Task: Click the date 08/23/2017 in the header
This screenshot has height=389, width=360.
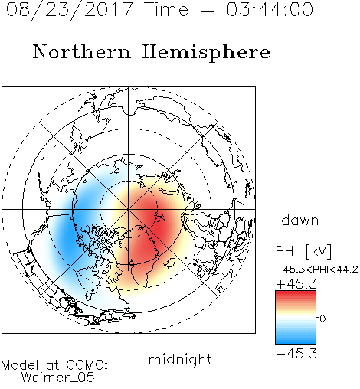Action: tap(70, 9)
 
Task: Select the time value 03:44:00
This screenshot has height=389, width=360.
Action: tap(270, 9)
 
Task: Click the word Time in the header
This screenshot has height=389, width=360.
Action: tap(166, 9)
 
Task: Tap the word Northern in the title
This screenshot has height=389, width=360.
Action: tap(82, 51)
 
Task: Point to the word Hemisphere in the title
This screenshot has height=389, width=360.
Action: tap(206, 53)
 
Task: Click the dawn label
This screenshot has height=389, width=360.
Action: tap(300, 221)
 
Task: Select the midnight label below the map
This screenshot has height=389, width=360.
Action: tap(180, 360)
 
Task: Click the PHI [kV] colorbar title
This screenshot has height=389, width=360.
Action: tap(303, 251)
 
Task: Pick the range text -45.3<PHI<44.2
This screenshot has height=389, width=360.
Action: tap(317, 270)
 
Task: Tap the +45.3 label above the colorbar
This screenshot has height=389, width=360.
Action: tap(296, 284)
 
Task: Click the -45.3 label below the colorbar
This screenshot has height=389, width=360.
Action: tap(296, 354)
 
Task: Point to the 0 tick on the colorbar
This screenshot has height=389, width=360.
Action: tap(322, 319)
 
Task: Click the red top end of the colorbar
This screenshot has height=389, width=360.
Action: tap(296, 293)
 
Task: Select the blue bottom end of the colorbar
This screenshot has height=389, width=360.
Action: tap(296, 342)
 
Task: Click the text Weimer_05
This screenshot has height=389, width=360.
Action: tap(58, 377)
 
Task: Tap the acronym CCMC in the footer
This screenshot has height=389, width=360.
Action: tap(87, 365)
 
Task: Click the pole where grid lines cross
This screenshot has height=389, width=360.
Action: tap(129, 209)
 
